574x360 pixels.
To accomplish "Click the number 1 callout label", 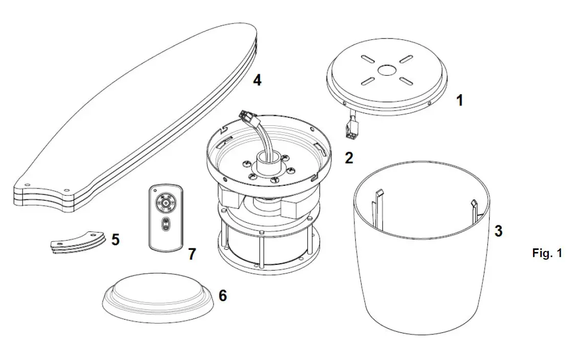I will click(459, 100).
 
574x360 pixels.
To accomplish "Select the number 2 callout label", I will click(349, 158).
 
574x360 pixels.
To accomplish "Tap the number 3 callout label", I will click(498, 231).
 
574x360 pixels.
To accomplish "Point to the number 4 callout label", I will click(257, 80).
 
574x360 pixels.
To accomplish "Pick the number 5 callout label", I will click(116, 239).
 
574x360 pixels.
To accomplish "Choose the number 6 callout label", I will click(223, 296).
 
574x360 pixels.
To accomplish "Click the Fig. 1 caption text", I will click(547, 253).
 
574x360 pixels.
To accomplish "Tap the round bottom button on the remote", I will click(166, 224).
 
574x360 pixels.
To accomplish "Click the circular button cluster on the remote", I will click(166, 203).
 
